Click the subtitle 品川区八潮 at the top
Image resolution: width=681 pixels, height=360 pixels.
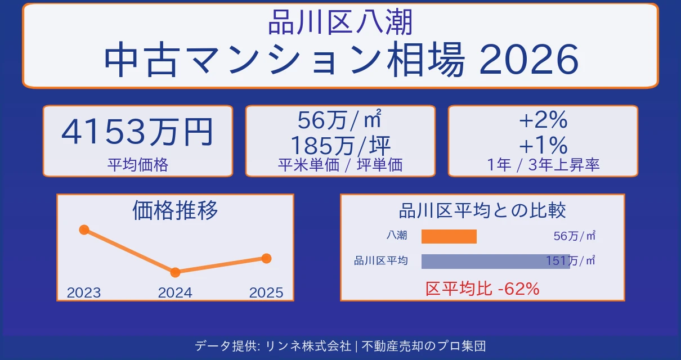tap(340, 23)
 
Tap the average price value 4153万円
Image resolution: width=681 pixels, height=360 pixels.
tap(137, 132)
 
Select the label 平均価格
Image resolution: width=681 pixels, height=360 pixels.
tap(137, 165)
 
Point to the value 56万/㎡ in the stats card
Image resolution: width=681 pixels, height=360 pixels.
tap(340, 120)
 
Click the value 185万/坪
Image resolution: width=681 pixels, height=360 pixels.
tap(340, 145)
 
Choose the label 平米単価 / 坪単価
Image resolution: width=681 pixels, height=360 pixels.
tap(340, 165)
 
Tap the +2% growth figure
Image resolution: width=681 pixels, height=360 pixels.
tap(543, 120)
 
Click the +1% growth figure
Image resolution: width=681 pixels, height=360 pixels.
tap(543, 145)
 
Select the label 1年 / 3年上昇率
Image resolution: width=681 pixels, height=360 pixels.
tap(543, 165)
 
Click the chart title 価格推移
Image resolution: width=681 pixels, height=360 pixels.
tap(175, 210)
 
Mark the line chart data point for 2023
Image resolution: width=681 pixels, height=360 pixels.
tap(84, 229)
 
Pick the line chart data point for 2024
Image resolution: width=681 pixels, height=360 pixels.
tap(175, 272)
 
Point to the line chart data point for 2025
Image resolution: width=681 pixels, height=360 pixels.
tap(266, 258)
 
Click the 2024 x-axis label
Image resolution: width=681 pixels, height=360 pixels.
tap(175, 292)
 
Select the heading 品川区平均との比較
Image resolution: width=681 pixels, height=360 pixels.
tap(482, 211)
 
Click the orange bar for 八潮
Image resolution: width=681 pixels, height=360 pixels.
tap(449, 236)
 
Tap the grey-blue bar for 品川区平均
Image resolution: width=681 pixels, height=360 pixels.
tap(495, 261)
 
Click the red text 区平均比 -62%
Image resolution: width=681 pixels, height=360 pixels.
tap(482, 289)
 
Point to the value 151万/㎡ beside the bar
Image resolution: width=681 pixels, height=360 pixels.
tap(571, 261)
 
